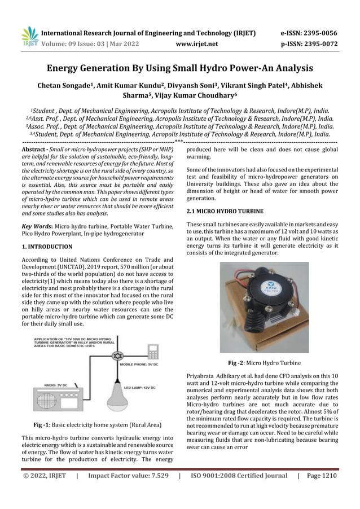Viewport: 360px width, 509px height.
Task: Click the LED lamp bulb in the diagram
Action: [x=122, y=392]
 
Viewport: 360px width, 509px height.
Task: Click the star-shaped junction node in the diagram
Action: [x=120, y=357]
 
